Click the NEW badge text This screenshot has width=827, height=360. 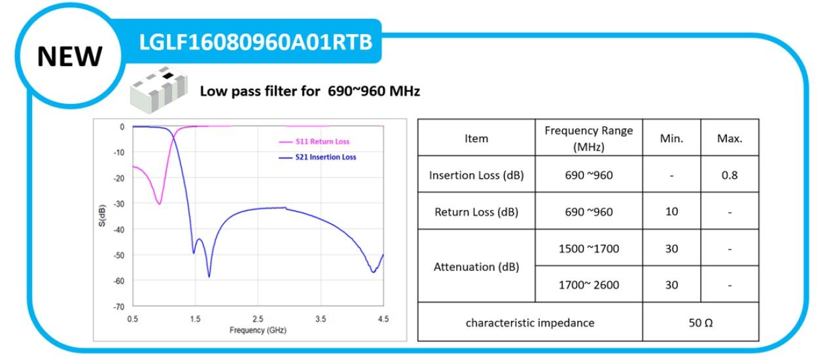coord(69,57)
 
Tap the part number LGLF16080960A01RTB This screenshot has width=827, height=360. coord(256,42)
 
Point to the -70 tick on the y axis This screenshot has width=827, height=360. coord(118,306)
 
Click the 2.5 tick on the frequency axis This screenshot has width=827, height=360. coord(258,319)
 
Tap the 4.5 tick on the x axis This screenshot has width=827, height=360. coord(383,319)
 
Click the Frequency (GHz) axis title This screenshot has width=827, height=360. coord(258,331)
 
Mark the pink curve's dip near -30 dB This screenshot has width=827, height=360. coord(159,204)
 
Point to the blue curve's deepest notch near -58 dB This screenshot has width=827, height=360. coord(209,277)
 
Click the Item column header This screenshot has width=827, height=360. coord(476,138)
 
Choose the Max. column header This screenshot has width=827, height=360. coord(729,138)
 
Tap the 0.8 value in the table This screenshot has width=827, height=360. coord(729,175)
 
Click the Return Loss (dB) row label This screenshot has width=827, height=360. coord(476,211)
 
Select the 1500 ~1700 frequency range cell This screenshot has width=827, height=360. coord(588,248)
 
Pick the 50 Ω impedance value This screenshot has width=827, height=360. coord(700,322)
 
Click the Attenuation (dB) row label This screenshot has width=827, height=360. coord(476,266)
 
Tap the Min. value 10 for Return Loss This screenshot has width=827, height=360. coord(671,211)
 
